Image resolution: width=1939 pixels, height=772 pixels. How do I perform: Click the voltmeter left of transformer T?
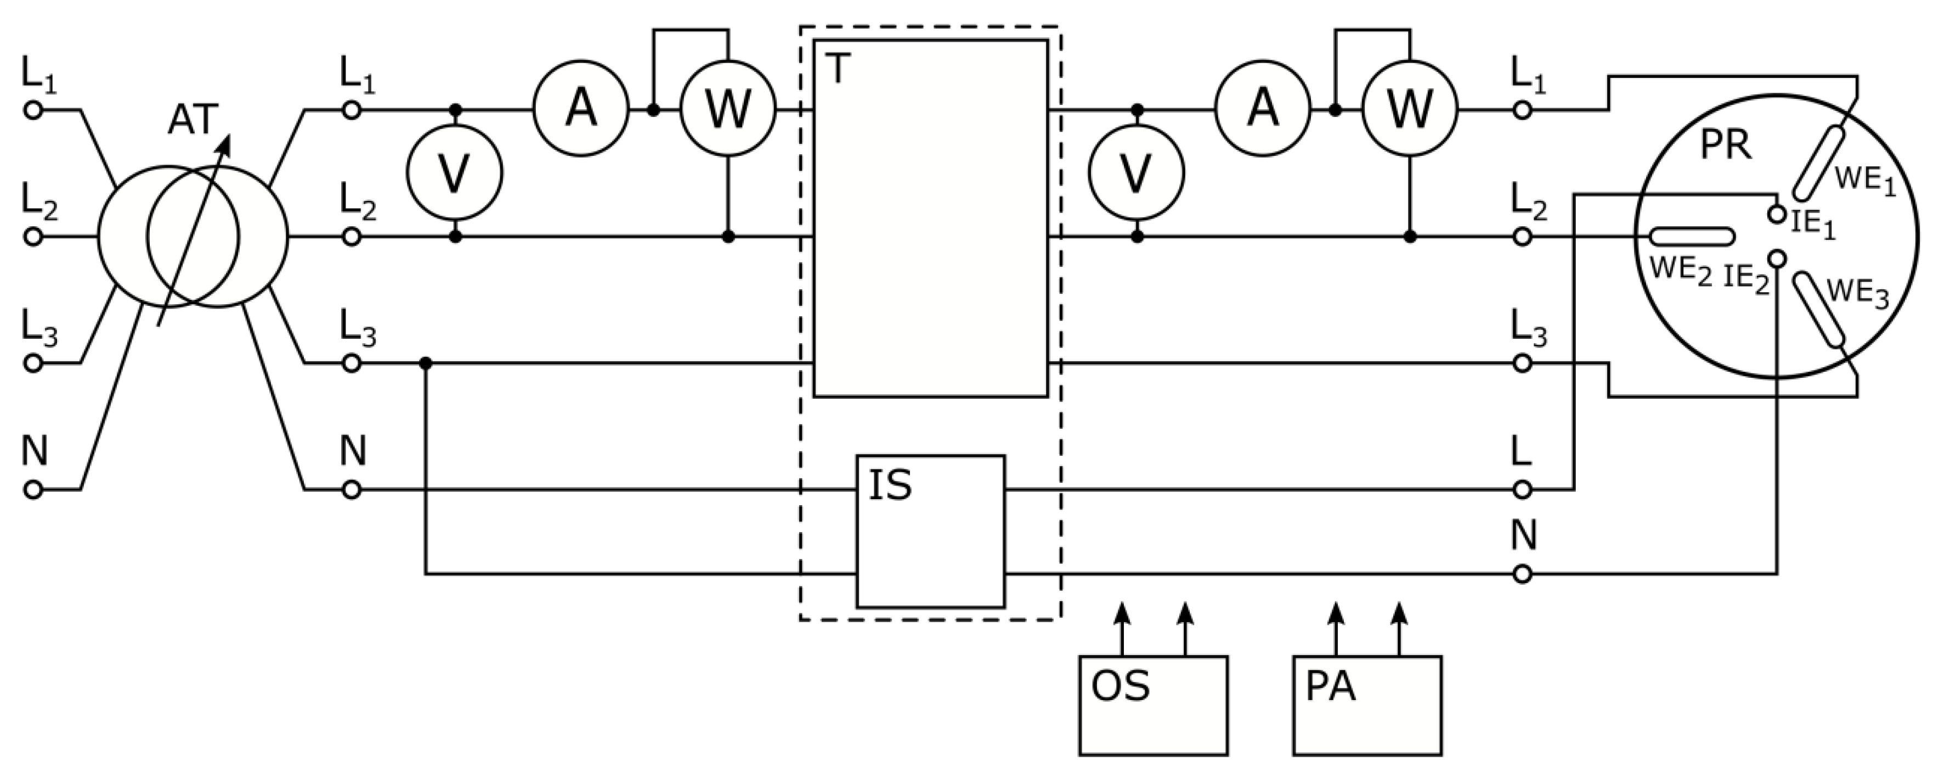point(455,173)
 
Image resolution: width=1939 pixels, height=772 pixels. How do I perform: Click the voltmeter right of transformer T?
point(1136,173)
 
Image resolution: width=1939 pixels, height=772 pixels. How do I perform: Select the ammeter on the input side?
point(581,110)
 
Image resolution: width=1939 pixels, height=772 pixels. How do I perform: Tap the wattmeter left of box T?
point(728,110)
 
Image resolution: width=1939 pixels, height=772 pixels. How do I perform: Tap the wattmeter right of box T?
point(1410,110)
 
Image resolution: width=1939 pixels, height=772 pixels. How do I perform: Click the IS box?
point(930,531)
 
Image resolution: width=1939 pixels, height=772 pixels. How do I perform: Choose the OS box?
point(1153,705)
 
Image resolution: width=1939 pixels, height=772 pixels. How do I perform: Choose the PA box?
point(1367,705)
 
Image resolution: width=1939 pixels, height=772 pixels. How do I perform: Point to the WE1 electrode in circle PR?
point(1818,164)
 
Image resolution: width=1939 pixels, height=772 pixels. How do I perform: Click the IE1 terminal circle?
point(1777,214)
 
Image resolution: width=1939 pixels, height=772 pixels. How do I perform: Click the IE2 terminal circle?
point(1777,259)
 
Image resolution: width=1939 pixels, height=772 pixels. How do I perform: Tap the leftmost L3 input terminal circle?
point(33,363)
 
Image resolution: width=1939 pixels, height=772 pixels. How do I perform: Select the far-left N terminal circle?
point(33,490)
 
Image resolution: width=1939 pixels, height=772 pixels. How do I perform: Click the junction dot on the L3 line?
point(426,363)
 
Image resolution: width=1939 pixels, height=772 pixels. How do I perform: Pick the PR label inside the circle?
point(1725,146)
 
